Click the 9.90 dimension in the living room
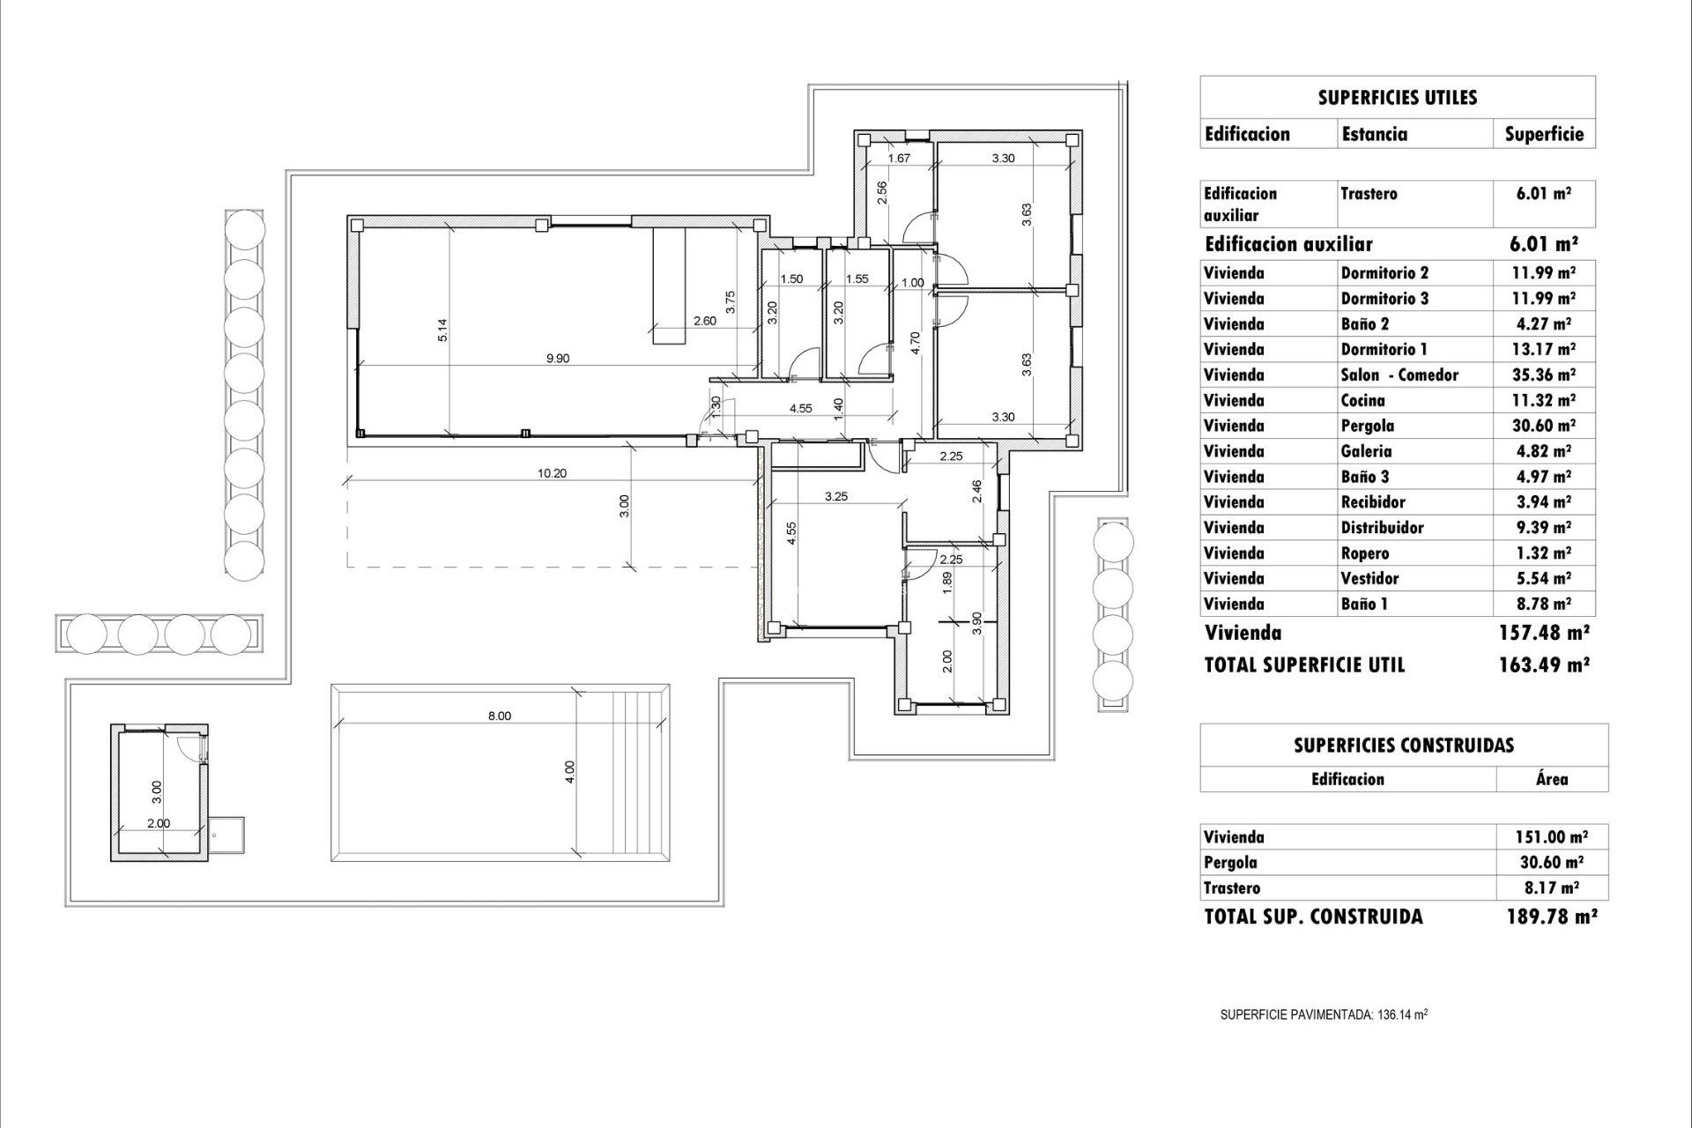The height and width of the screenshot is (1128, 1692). (x=558, y=358)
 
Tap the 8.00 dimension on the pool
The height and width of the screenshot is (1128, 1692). (x=499, y=716)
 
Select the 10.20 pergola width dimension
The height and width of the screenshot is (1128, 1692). (x=552, y=473)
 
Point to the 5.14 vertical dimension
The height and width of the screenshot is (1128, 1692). (x=443, y=329)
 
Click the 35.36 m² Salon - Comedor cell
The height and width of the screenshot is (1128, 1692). (x=1543, y=375)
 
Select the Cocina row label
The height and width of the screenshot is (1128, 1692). (x=1362, y=400)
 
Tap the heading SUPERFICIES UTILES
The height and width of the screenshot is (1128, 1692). (x=1397, y=98)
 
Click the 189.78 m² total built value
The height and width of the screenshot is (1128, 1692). (x=1551, y=916)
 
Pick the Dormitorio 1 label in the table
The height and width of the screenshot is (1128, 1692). (x=1384, y=349)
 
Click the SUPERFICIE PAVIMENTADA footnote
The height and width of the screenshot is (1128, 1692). (x=1323, y=1014)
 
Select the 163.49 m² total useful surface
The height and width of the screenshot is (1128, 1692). (x=1543, y=665)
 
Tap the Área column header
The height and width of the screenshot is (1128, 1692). (x=1551, y=779)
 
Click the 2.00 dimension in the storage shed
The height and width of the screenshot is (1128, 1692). (x=158, y=823)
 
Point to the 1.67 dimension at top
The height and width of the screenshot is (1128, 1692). (x=898, y=158)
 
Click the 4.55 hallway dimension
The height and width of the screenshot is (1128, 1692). (x=800, y=408)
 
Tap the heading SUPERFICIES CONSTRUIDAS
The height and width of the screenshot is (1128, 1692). (x=1403, y=746)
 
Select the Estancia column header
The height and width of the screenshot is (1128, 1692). (x=1374, y=134)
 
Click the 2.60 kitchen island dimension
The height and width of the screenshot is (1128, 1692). (x=704, y=321)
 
